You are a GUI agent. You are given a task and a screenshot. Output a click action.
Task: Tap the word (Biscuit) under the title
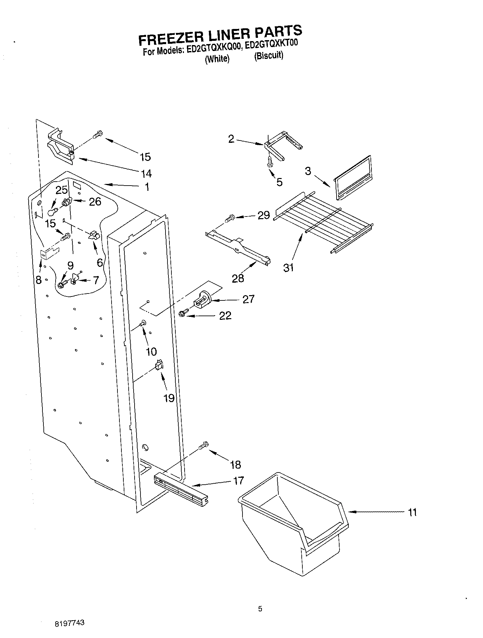[x=268, y=56]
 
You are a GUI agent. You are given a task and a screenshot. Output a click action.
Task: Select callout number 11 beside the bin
[x=412, y=512]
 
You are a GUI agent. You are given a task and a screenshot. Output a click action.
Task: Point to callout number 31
[x=288, y=268]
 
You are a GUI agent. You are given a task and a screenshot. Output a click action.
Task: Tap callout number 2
[x=232, y=139]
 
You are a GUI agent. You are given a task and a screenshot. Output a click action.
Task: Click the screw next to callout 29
[x=230, y=217]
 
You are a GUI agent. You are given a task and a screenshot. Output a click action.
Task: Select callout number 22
[x=225, y=316]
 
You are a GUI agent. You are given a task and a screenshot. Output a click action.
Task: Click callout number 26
[x=95, y=201]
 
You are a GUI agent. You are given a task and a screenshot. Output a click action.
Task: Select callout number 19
[x=169, y=398]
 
